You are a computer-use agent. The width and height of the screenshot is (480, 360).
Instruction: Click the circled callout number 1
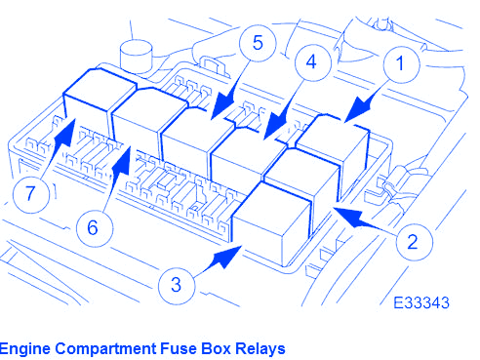(401, 64)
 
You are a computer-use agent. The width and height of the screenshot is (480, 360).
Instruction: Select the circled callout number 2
(415, 242)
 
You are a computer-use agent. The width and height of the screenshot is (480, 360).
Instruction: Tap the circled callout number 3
(177, 285)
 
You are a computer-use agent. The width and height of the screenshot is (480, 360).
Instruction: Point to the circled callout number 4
(313, 62)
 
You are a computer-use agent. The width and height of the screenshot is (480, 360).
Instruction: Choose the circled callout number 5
(258, 43)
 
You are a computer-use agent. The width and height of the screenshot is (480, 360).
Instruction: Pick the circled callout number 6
(95, 227)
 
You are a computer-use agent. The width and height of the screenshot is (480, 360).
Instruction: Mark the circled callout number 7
(31, 194)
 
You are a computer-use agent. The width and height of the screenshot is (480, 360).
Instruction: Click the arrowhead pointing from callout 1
(359, 109)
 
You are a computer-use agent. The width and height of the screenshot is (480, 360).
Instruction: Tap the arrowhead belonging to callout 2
(349, 217)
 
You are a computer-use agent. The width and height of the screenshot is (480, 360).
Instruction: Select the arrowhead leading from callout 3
(227, 257)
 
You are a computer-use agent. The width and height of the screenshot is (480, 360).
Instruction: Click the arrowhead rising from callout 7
(65, 134)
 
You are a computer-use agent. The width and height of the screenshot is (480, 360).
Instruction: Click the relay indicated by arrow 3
(272, 223)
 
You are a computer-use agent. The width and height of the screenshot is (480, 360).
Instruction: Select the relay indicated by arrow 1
(335, 147)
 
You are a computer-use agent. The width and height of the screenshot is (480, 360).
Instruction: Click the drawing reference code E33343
(421, 303)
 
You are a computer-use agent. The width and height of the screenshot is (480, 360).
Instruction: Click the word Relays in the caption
(260, 348)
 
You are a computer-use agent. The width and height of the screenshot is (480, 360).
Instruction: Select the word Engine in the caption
(25, 349)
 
